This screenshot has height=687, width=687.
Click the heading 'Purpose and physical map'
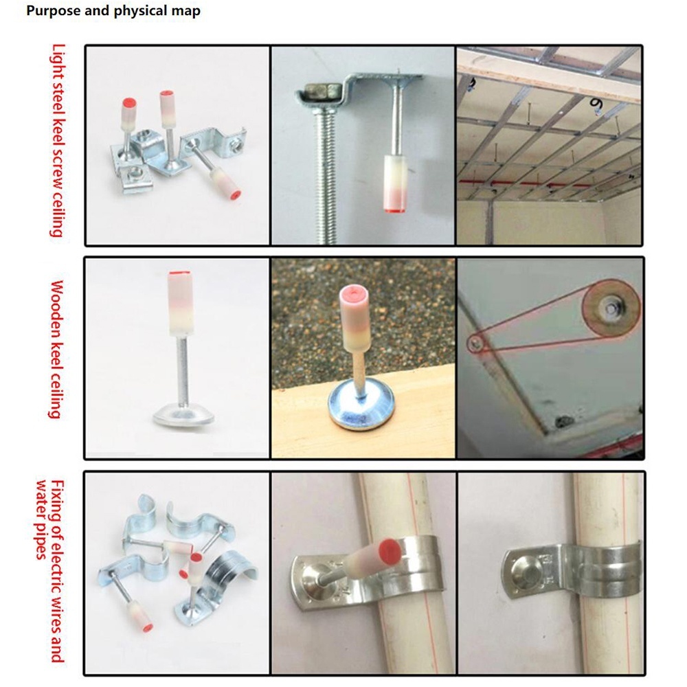pyautogui.click(x=113, y=10)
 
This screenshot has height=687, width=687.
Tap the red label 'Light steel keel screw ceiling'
pyautogui.click(x=58, y=141)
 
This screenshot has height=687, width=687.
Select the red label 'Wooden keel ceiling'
pyautogui.click(x=56, y=350)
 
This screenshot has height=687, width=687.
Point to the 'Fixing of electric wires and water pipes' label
pyautogui.click(x=49, y=571)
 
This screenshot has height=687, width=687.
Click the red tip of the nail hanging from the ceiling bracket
pyautogui.click(x=394, y=210)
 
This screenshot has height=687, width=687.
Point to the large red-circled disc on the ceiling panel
pyautogui.click(x=611, y=309)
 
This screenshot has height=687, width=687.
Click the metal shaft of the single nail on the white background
pyautogui.click(x=183, y=371)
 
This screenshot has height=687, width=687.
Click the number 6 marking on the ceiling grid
pyautogui.click(x=596, y=104)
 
